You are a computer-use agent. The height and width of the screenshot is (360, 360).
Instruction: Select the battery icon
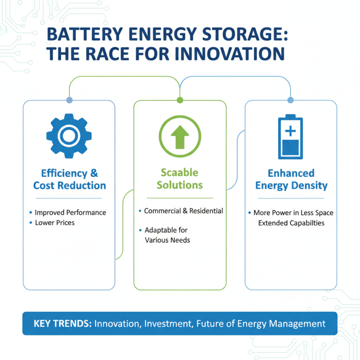click(290, 137)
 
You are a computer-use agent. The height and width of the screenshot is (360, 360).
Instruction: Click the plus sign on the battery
click(290, 130)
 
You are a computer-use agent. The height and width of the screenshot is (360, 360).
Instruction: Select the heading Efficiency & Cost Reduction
click(70, 179)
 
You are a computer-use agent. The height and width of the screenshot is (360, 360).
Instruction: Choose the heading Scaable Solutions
click(180, 179)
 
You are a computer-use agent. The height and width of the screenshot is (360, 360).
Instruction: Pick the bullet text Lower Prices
click(55, 223)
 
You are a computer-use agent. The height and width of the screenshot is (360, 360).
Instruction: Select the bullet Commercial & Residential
click(183, 211)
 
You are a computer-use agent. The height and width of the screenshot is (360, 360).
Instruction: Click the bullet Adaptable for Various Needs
click(167, 235)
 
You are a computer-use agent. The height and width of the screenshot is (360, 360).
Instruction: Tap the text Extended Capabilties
click(291, 223)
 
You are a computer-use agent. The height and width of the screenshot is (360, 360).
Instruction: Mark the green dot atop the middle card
click(180, 99)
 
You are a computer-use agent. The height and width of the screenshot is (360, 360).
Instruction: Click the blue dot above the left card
click(69, 99)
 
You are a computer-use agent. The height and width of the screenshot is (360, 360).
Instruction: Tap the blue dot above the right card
click(290, 99)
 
